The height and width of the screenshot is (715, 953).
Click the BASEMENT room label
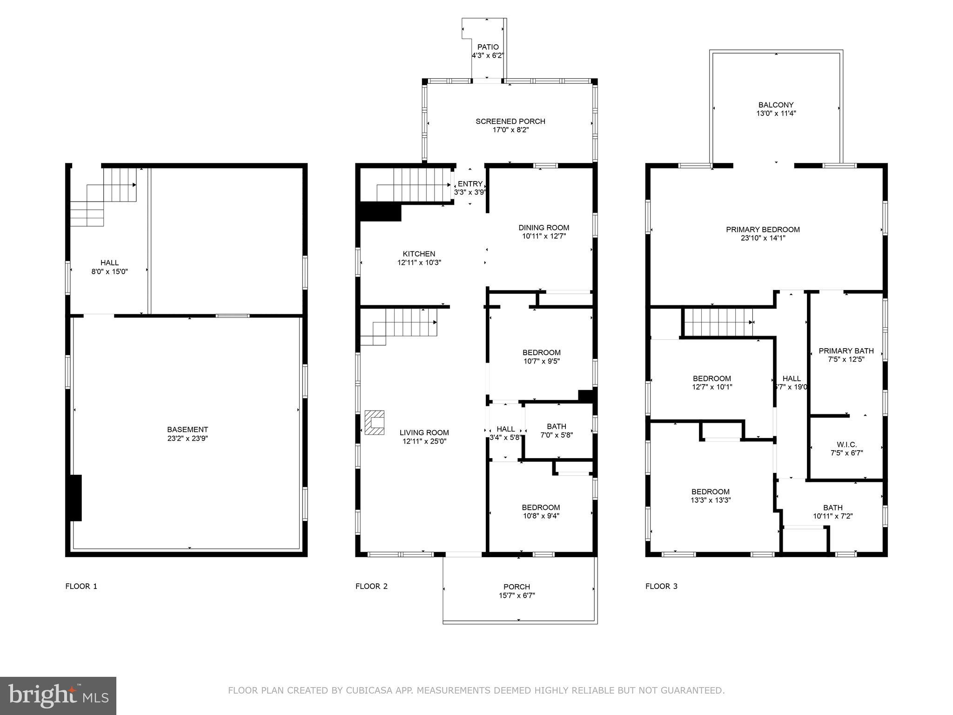click(x=188, y=429)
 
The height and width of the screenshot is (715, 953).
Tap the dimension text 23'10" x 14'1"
click(x=762, y=238)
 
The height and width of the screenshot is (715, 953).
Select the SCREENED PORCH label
click(x=510, y=121)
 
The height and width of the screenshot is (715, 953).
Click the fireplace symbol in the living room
click(x=375, y=422)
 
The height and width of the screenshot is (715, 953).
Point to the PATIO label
click(x=488, y=47)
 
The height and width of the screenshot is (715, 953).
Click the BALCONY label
click(x=776, y=105)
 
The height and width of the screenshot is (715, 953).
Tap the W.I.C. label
click(x=846, y=444)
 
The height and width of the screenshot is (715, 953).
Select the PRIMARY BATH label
click(x=846, y=351)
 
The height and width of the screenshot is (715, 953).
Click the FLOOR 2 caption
click(x=371, y=586)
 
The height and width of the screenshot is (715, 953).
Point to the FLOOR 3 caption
click(x=661, y=586)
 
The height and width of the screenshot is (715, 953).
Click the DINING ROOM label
click(x=544, y=228)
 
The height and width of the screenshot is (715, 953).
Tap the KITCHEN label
click(x=419, y=254)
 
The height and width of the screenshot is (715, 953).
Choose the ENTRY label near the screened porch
click(x=470, y=184)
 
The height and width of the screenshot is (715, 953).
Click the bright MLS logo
click(x=58, y=695)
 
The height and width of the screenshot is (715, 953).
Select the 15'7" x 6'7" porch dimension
click(x=517, y=595)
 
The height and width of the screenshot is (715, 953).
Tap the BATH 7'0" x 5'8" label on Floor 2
click(x=556, y=426)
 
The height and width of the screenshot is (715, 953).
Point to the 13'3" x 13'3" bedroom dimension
click(x=711, y=500)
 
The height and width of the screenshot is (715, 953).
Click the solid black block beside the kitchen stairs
click(x=380, y=211)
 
